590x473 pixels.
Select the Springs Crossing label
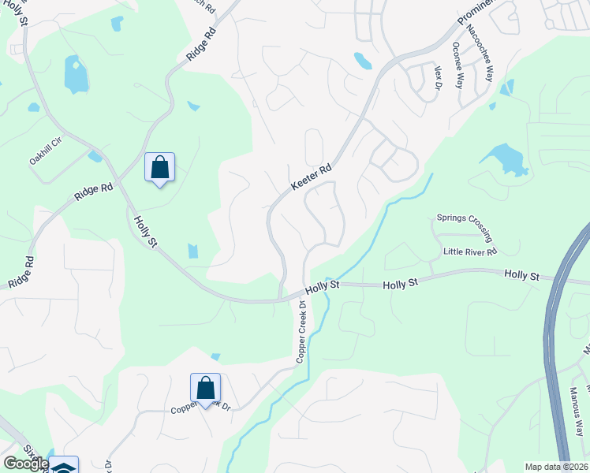tap(465, 226)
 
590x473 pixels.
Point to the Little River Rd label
tap(470, 251)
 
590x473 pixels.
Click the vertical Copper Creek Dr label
tap(301, 331)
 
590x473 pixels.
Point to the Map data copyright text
tap(557, 467)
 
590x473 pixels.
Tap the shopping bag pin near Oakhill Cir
tap(159, 168)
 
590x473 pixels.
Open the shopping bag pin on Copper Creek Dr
tap(205, 389)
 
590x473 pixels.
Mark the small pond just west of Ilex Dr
tap(363, 61)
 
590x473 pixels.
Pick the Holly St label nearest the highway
tap(521, 275)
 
